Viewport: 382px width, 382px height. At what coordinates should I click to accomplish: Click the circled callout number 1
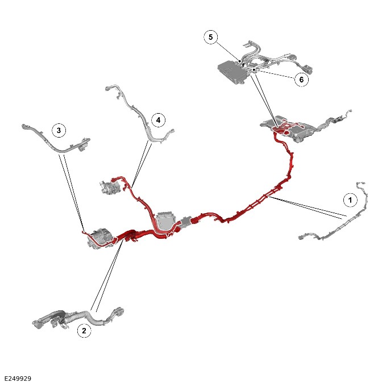350,200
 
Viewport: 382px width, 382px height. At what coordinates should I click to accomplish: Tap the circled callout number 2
84,331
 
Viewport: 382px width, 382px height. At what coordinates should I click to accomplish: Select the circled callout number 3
59,130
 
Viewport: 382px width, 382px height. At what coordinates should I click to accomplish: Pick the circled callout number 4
159,120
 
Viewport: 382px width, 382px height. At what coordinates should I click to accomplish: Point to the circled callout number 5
210,37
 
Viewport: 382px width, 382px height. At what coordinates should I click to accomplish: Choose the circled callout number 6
301,80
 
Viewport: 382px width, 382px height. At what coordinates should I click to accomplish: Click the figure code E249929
18,379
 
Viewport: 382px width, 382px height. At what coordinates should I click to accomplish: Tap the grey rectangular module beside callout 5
231,72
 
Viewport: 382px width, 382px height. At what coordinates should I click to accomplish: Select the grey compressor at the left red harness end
100,238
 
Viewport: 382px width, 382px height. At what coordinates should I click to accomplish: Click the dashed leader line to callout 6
274,74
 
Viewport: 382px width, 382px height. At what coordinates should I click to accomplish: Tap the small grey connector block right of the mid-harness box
186,222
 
